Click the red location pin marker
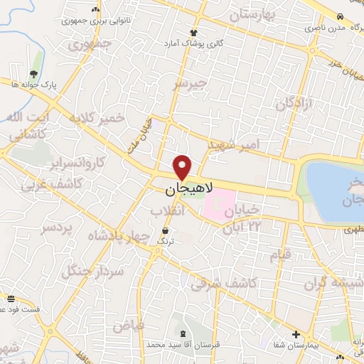point(183,166)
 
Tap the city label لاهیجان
point(183,191)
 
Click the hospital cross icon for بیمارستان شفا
point(296,334)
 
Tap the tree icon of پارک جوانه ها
point(33,73)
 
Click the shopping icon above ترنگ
point(166,231)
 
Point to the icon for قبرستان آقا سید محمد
point(185,334)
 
